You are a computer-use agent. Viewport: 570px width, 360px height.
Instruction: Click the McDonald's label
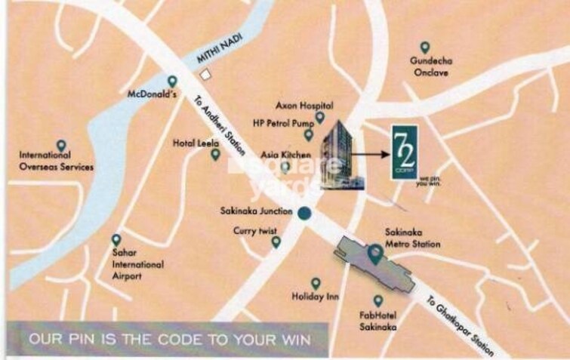point(152,96)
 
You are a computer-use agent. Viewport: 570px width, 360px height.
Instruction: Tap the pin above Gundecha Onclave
point(425,47)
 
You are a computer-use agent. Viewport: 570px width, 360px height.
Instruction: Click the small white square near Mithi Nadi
point(205,74)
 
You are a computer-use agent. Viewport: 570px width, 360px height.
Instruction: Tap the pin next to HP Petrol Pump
point(309,134)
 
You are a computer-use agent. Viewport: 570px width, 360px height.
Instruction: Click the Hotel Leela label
point(196,142)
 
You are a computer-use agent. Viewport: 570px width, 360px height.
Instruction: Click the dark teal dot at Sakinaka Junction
point(303,214)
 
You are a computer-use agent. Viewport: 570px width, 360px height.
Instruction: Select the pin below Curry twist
point(276,242)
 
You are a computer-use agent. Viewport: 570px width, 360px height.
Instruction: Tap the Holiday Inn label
point(315,297)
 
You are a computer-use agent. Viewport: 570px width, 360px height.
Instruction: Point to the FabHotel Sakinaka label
point(378,322)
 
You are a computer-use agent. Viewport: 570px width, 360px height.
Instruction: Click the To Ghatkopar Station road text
point(461,325)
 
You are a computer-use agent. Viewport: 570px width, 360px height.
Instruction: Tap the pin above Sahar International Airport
point(116,239)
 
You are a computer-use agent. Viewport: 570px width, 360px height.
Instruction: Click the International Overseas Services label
point(57,161)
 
